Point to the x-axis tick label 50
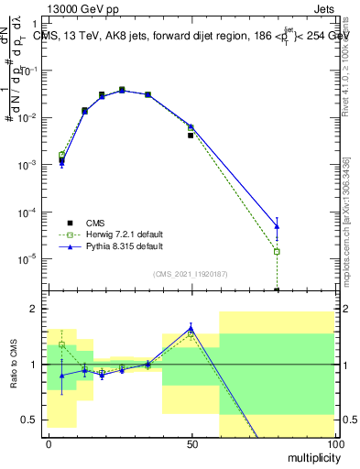[x=191, y=444]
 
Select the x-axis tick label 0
[x=49, y=444]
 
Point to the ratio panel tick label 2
[x=34, y=309]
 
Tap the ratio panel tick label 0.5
[x=29, y=420]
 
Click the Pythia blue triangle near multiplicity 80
[x=277, y=225]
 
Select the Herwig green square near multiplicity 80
[x=277, y=251]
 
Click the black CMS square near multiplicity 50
[x=191, y=135]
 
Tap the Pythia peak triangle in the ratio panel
[x=191, y=328]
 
